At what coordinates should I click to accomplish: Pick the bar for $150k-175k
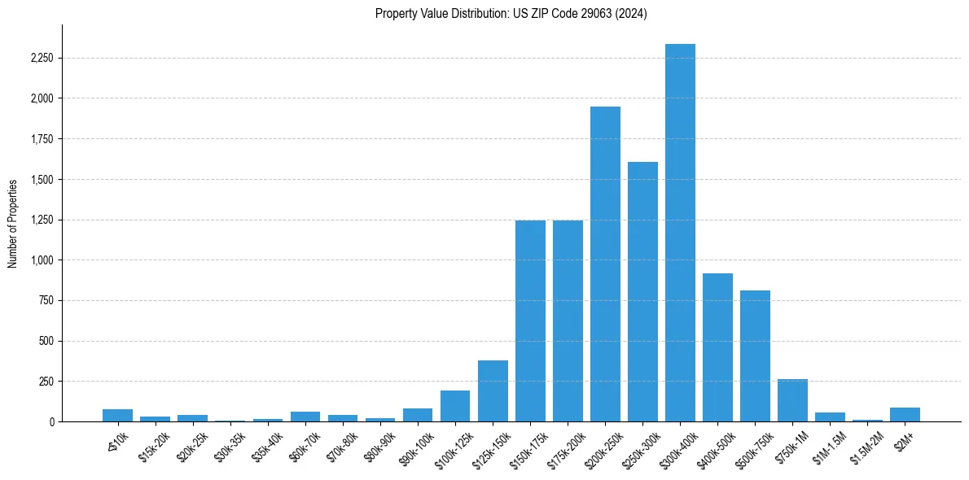click(x=530, y=321)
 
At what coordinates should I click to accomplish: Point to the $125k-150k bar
click(x=493, y=391)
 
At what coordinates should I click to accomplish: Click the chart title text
click(x=511, y=14)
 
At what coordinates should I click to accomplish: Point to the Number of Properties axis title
click(x=12, y=224)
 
